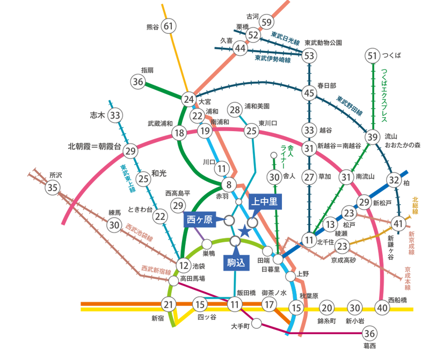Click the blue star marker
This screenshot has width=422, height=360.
coord(245,231)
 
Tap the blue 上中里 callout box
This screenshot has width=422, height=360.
coord(265,201)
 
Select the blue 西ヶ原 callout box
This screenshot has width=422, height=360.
coord(200,219)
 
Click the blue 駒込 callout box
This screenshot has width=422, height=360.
coord(236,263)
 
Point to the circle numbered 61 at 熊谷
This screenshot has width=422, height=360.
coord(169,26)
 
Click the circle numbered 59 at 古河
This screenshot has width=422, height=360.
coord(266,22)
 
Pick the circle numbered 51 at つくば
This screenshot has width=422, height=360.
coord(373,56)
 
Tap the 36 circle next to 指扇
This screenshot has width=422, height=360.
coord(138,82)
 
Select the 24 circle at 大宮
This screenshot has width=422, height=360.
coord(188,99)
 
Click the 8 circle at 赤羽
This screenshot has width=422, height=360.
coord(229,185)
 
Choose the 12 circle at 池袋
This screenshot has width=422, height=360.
coord(184,266)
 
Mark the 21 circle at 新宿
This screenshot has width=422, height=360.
coord(169,305)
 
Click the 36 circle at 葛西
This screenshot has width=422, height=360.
coord(369,333)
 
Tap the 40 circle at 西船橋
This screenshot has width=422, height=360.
coord(382,307)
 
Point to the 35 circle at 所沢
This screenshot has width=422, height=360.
coord(53,187)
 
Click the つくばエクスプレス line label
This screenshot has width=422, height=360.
coord(384,96)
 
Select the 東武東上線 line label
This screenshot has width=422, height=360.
coord(128,178)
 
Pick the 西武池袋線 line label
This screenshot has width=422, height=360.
coord(140,232)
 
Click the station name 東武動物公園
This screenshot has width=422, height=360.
coord(323,43)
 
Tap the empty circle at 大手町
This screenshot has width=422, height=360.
coord(257,323)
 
